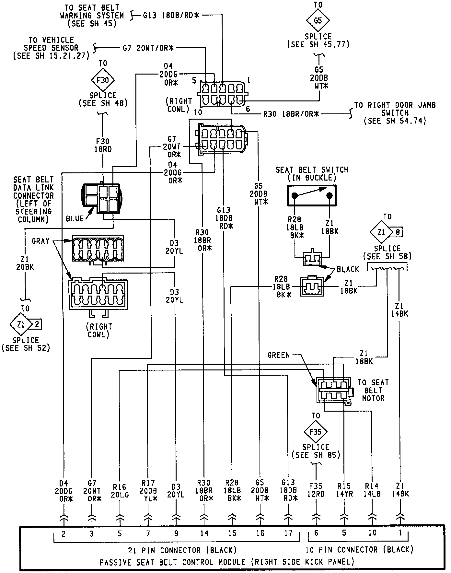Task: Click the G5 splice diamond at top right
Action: point(318,20)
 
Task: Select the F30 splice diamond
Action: point(103,80)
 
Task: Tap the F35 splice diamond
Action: point(315,432)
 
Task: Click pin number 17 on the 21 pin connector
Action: point(288,533)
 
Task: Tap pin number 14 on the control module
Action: point(204,533)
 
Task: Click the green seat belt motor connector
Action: point(333,390)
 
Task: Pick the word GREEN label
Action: point(279,355)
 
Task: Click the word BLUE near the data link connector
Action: point(75,219)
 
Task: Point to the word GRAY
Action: point(40,241)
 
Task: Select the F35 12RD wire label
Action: point(316,490)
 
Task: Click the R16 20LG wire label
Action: point(120,491)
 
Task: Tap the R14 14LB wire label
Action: point(372,490)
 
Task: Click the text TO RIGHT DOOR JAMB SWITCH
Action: point(395,113)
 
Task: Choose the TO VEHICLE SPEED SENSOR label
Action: point(51,48)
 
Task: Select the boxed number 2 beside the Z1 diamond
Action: point(37,324)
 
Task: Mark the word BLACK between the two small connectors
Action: point(348,269)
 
